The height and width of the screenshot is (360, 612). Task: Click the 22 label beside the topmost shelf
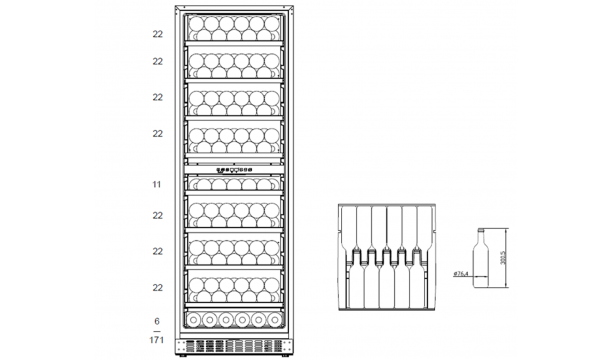click(158, 33)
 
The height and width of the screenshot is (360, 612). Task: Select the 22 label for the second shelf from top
click(158, 62)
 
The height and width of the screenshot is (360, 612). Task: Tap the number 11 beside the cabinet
click(158, 185)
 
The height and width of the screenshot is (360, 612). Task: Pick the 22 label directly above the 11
click(158, 133)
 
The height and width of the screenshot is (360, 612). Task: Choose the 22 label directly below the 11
click(158, 215)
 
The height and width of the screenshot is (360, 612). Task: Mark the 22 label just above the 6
click(158, 288)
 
